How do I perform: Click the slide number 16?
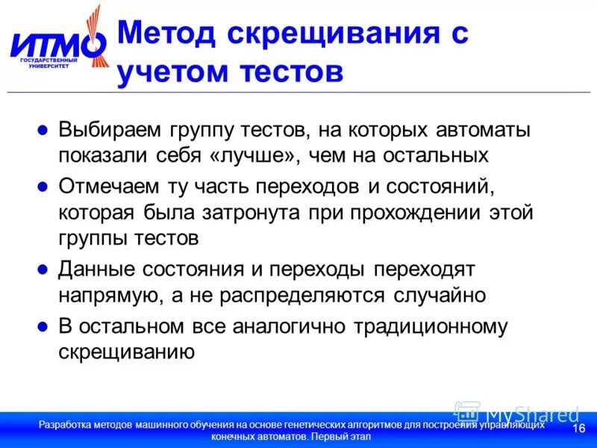pyautogui.click(x=578, y=429)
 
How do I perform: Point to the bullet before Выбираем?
pyautogui.click(x=43, y=130)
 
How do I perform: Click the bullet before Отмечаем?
pyautogui.click(x=43, y=184)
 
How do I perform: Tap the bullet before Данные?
pyautogui.click(x=43, y=268)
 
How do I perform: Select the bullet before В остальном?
pyautogui.click(x=43, y=326)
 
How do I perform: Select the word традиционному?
pyautogui.click(x=434, y=326)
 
